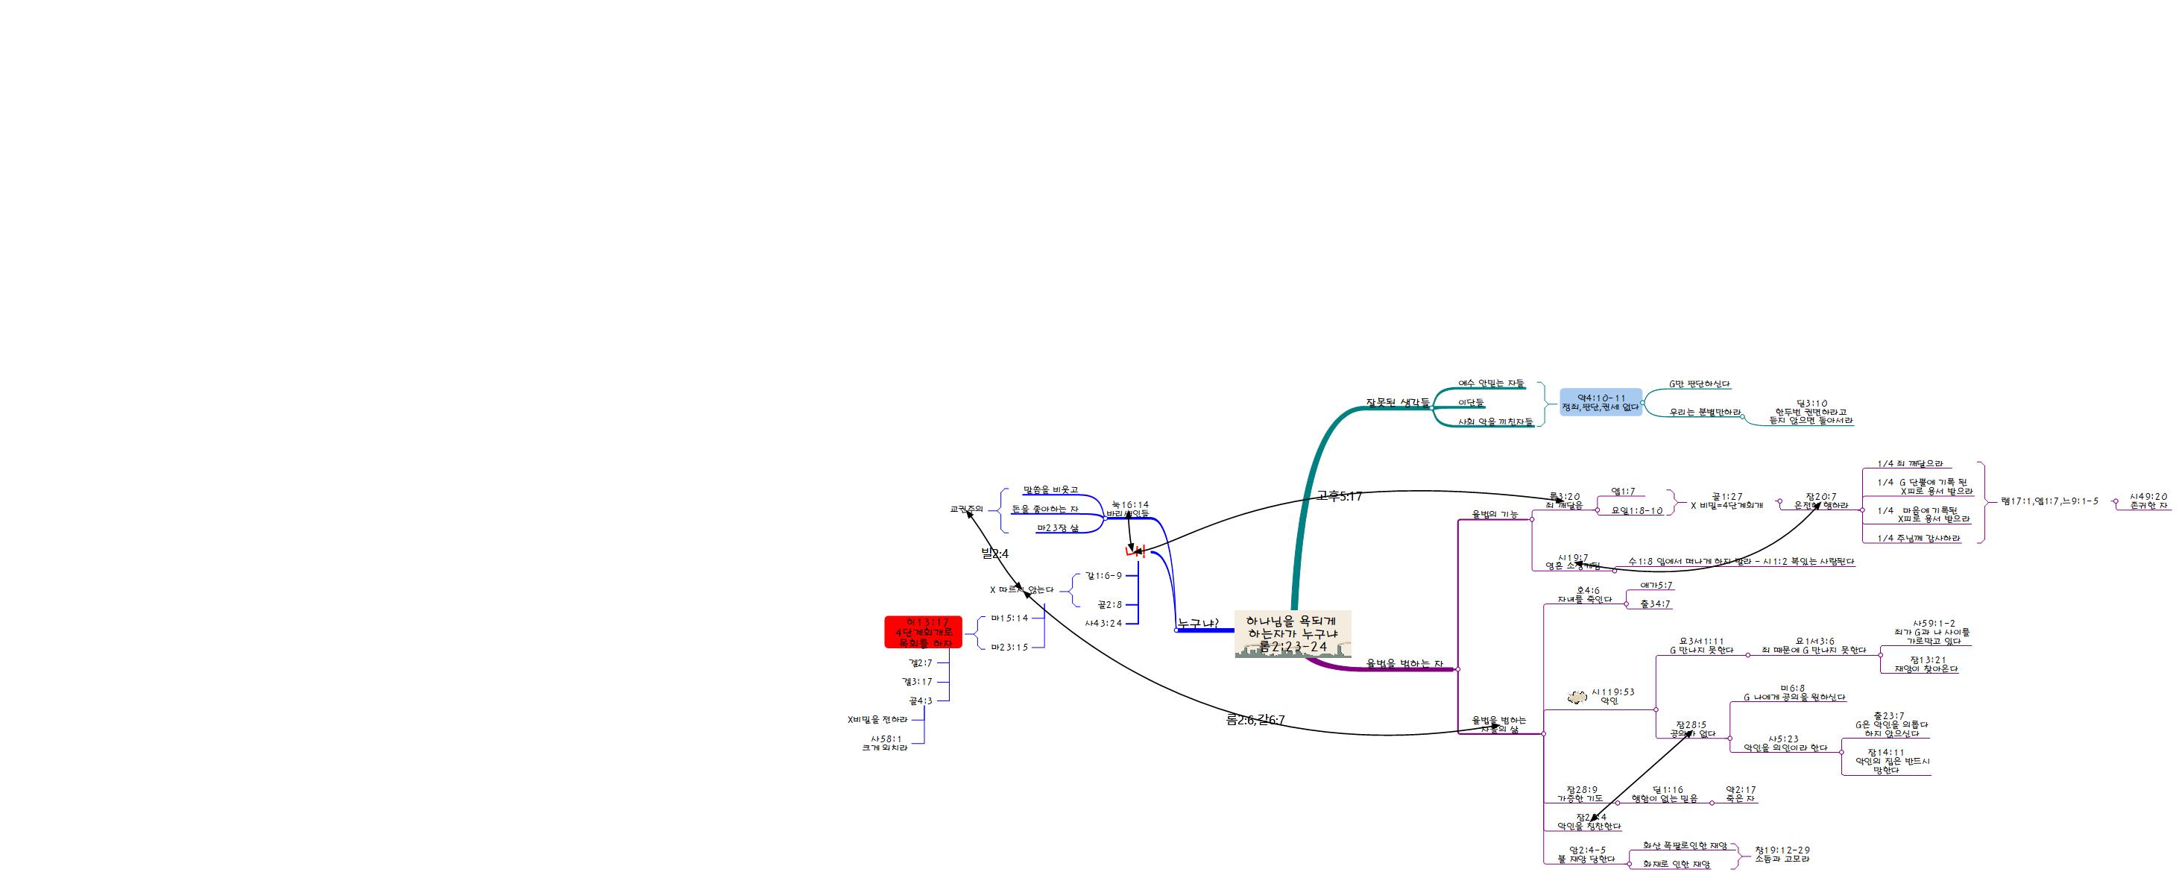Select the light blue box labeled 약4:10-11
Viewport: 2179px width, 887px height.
coord(1601,402)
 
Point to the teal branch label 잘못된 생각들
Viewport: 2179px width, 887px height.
coord(1398,402)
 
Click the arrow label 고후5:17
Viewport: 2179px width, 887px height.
coord(1339,497)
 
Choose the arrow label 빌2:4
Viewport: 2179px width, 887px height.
coord(994,554)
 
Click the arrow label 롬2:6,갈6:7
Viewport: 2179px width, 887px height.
coord(1255,720)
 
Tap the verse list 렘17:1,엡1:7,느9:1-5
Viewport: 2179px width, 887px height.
coord(2049,501)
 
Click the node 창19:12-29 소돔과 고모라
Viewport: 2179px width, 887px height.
coord(1782,854)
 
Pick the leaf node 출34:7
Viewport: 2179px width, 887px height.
coord(1656,604)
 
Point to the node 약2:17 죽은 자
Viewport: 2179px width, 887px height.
coord(1741,794)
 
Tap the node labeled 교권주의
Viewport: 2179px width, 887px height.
coord(966,510)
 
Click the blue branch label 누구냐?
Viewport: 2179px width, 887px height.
coord(1197,624)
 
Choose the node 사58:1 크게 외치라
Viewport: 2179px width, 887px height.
coord(886,743)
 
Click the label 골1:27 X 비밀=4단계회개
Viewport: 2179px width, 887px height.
coord(1727,501)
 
